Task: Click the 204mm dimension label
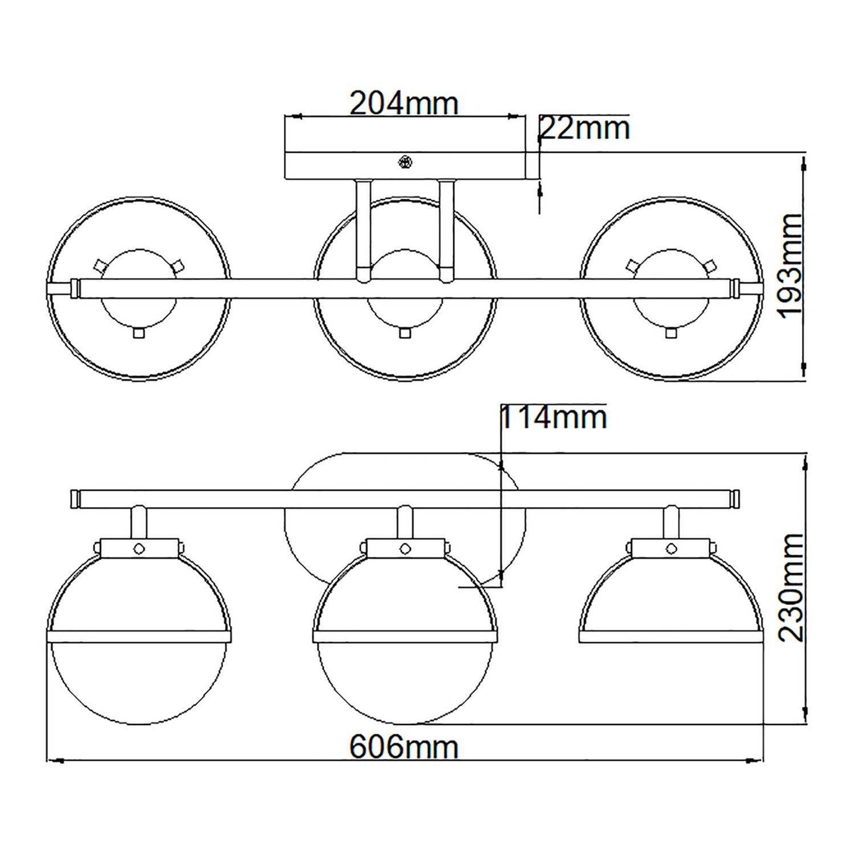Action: point(404,103)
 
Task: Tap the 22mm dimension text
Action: point(584,129)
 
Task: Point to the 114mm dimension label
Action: point(553,418)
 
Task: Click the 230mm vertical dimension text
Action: point(789,588)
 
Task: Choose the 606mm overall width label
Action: point(404,746)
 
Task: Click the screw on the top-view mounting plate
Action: point(405,162)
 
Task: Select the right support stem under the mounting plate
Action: point(446,230)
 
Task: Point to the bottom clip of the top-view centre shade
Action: point(405,333)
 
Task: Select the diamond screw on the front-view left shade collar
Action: point(139,548)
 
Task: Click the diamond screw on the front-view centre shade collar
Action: point(405,548)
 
